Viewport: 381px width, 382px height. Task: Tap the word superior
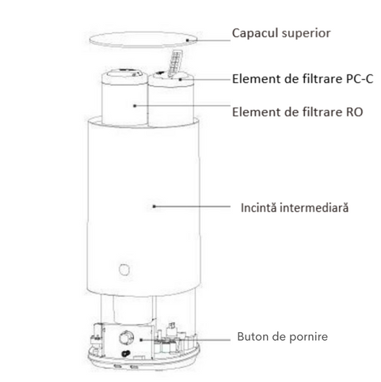(x=306, y=34)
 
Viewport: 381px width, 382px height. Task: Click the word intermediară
(x=314, y=207)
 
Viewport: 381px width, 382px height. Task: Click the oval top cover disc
(x=143, y=40)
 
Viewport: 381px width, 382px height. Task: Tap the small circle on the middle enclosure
(x=124, y=270)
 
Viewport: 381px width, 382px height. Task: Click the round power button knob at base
(x=126, y=338)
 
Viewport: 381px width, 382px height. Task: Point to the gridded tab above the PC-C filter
(x=175, y=62)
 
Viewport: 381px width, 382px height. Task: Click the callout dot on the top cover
(x=188, y=40)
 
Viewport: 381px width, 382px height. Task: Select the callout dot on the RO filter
(x=135, y=106)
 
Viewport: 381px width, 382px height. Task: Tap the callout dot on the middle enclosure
(x=154, y=206)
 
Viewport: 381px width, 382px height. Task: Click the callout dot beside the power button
(x=141, y=339)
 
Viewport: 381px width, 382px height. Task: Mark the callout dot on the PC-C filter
(x=181, y=79)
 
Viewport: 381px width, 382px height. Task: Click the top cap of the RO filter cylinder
(x=124, y=74)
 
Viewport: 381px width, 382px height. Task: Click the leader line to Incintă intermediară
(x=192, y=206)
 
